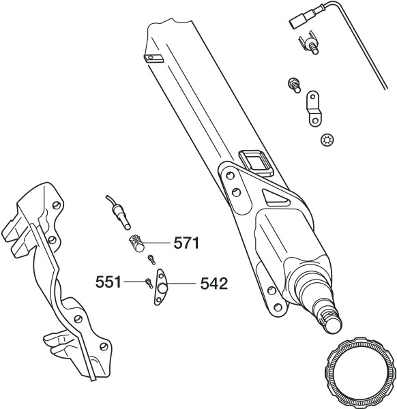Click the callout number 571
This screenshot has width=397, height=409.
click(x=186, y=243)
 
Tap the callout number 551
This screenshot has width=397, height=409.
click(x=108, y=282)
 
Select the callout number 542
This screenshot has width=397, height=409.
click(x=214, y=284)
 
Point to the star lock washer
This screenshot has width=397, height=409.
click(x=327, y=140)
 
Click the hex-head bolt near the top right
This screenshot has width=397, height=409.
click(x=294, y=85)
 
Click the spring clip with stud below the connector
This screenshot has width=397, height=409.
click(x=309, y=42)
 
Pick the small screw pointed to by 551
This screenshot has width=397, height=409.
click(x=149, y=284)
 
